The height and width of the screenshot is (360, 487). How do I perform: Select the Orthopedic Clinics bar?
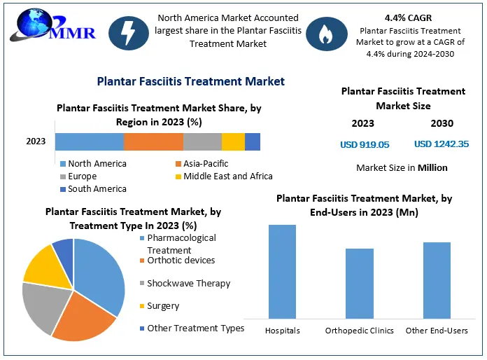359,284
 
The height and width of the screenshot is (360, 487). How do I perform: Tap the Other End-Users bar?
437,280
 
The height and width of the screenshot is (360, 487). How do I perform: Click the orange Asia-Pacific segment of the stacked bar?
153,141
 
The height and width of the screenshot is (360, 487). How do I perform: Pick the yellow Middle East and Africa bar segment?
233,141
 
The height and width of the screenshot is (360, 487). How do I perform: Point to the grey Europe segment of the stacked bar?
202,141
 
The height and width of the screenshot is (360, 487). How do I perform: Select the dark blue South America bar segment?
253,141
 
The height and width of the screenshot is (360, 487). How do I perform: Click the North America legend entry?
97,164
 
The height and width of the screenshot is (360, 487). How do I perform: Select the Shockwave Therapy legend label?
188,284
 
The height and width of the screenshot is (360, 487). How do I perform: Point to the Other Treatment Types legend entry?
195,328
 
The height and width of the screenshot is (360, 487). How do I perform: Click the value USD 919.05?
364,144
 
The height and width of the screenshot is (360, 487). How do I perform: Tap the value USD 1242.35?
441,144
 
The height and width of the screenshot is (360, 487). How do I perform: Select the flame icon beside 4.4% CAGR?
326,36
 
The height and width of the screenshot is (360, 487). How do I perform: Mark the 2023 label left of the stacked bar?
36,141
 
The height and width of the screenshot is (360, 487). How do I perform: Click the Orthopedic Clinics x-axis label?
359,331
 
